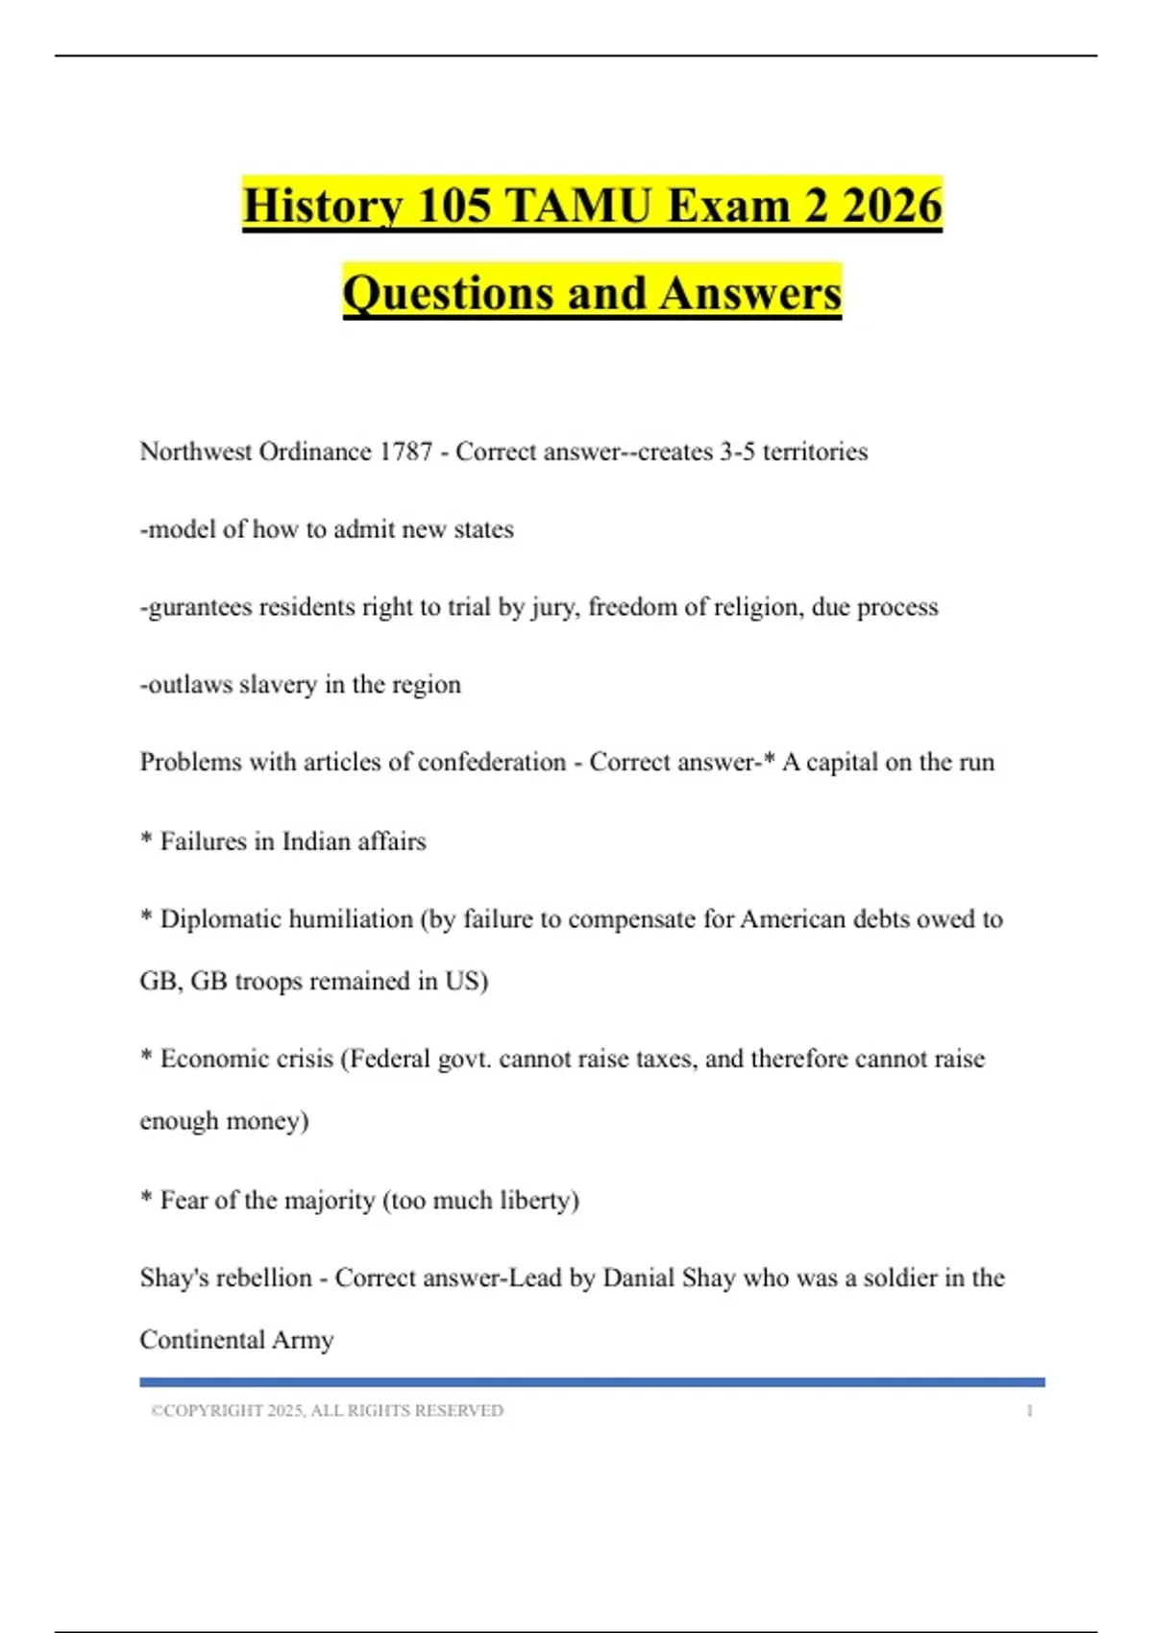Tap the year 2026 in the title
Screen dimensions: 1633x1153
[892, 206]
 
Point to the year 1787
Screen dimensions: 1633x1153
[405, 451]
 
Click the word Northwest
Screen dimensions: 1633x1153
[195, 451]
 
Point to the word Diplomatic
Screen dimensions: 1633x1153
[220, 919]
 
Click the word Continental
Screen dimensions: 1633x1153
[202, 1340]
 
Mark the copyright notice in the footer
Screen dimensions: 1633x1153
[327, 1411]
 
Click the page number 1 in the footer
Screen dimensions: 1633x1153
[1030, 1411]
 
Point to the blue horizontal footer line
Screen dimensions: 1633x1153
[592, 1382]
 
